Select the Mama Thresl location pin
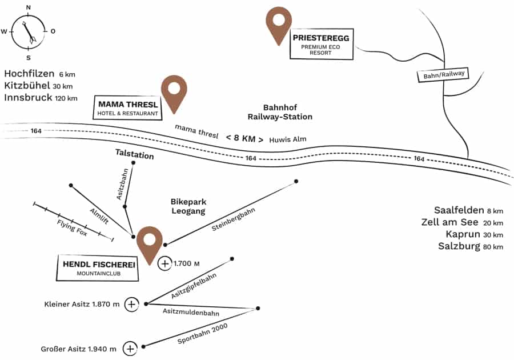coord(174,91)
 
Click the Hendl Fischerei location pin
coord(149,242)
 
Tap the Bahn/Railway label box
coord(443,75)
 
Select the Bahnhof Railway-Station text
coord(280,112)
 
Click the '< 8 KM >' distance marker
coord(244,138)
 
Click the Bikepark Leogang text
coord(188,206)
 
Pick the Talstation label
coord(134,154)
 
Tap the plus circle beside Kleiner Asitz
coord(131,304)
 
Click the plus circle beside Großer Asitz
coord(130,348)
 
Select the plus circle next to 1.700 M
coord(164,263)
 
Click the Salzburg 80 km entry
coord(470,247)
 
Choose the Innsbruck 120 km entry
coord(41,98)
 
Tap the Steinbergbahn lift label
coord(233,219)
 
